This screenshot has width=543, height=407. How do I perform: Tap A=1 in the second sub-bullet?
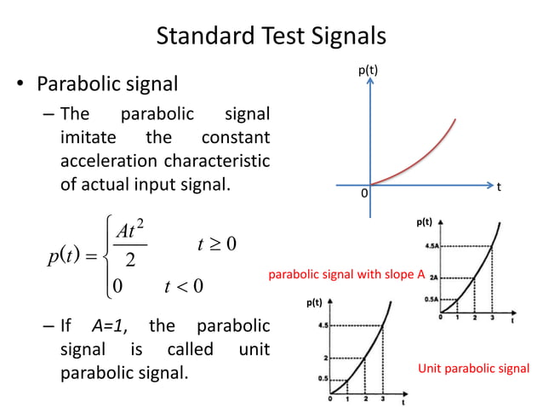pos(109,326)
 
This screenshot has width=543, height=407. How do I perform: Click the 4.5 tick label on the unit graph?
pos(323,325)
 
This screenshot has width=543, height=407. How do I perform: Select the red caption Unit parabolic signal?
pos(473,369)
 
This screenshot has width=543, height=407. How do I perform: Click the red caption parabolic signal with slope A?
pos(346,275)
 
